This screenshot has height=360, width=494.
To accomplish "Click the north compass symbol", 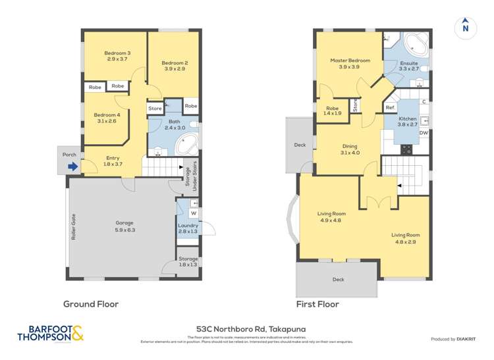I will [x=466, y=27].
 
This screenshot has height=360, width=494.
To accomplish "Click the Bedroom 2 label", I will [x=175, y=66].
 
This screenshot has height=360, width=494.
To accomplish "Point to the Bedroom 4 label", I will [x=106, y=117].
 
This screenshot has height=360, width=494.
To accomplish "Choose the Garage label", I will [x=120, y=226].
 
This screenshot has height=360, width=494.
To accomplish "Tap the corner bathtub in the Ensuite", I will [x=416, y=45].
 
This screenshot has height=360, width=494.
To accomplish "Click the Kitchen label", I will [x=408, y=121].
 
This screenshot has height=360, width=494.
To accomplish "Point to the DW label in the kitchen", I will [x=424, y=133].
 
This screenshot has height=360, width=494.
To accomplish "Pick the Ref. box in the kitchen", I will [x=390, y=107].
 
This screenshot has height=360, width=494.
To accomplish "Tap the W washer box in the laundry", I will [x=194, y=213].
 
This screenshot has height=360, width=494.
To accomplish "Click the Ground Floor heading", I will [x=90, y=304].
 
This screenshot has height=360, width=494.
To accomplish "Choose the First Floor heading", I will [x=318, y=304].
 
